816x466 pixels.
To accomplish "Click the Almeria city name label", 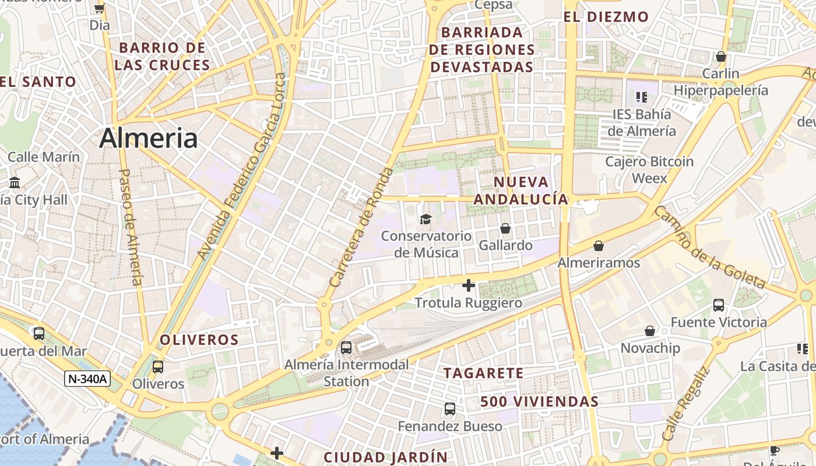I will pyautogui.click(x=148, y=139).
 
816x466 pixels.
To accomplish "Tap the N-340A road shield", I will pyautogui.click(x=87, y=379).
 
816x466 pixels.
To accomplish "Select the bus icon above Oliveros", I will pyautogui.click(x=157, y=367).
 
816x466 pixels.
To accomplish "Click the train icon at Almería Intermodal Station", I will pyautogui.click(x=346, y=348).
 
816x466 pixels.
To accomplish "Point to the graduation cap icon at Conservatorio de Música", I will pyautogui.click(x=426, y=219).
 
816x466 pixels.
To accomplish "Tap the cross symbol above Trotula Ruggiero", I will pyautogui.click(x=468, y=285).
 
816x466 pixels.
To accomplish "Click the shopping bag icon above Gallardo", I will pyautogui.click(x=505, y=228).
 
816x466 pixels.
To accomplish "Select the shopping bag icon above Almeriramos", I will pyautogui.click(x=599, y=246).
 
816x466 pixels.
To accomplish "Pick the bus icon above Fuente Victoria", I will pyautogui.click(x=719, y=305).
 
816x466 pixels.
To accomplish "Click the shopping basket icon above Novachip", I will pyautogui.click(x=650, y=331).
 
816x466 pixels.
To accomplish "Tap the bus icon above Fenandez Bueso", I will pyautogui.click(x=450, y=409).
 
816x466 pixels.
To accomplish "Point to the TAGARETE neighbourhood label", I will pyautogui.click(x=483, y=373).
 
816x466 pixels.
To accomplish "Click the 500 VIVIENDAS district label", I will pyautogui.click(x=539, y=401).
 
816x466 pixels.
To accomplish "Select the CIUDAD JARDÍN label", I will pyautogui.click(x=385, y=457).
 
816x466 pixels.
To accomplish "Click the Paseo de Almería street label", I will pyautogui.click(x=130, y=227).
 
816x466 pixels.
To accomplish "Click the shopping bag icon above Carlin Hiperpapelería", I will pyautogui.click(x=721, y=57).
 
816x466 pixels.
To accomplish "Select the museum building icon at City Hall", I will pyautogui.click(x=15, y=182).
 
